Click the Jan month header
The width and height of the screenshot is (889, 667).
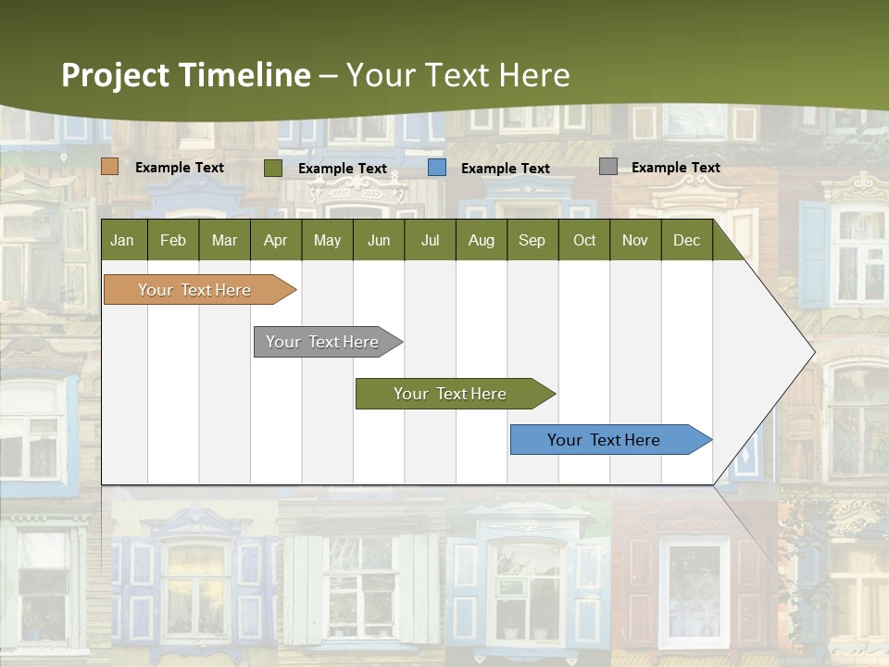[x=123, y=240]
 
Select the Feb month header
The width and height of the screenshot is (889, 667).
[x=173, y=240]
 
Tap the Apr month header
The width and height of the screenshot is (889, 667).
[x=276, y=240]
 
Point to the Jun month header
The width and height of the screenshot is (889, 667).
[x=379, y=240]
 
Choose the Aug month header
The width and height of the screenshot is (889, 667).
[x=482, y=240]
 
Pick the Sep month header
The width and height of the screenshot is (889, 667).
[x=532, y=240]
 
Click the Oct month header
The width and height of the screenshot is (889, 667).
[x=584, y=240]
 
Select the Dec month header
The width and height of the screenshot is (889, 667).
[x=687, y=240]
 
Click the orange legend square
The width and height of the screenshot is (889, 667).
[x=110, y=167]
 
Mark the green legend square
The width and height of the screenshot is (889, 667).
[x=273, y=168]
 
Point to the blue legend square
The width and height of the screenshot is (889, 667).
[x=437, y=168]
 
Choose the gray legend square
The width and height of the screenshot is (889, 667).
[x=608, y=167]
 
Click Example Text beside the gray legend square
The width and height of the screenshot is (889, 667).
[x=675, y=168]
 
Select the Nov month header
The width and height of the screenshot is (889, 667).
[x=635, y=240]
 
